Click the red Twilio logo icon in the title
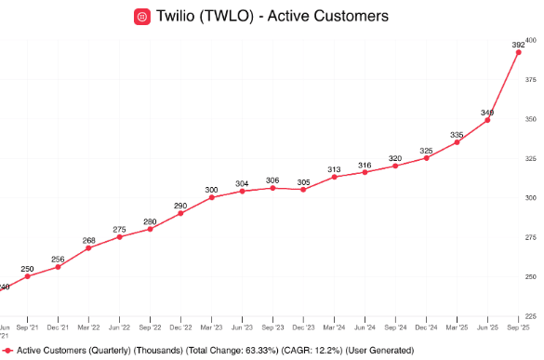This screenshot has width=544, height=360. (142, 16)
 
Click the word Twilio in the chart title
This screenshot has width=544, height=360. (179, 16)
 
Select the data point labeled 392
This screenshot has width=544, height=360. (518, 52)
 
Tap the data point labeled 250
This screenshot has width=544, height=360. (28, 276)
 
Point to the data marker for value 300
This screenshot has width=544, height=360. (212, 197)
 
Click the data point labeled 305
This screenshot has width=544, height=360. (303, 190)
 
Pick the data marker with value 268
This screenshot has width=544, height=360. (89, 248)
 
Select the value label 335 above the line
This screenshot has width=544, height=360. (457, 135)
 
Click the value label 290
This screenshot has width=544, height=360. (180, 205)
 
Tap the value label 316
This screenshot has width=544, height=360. (365, 165)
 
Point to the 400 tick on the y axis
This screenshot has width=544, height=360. (531, 40)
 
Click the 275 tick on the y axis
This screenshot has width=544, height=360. (531, 237)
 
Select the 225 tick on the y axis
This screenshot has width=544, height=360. (531, 315)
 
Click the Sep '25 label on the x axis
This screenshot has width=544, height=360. (518, 328)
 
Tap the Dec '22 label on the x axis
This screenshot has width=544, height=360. (180, 328)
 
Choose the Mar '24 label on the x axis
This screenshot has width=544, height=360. (334, 328)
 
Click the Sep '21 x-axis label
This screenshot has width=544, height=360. (28, 328)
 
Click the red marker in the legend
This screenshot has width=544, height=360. (7, 350)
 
